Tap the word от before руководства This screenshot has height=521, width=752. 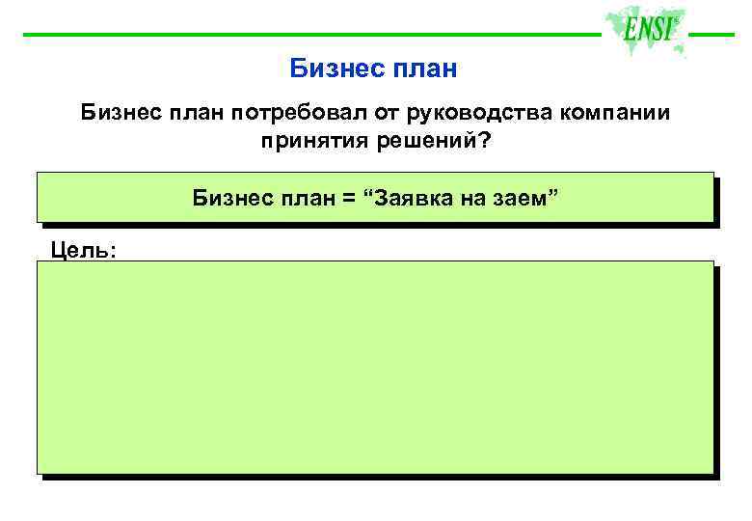click(x=366, y=114)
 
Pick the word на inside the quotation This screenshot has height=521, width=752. click(x=474, y=199)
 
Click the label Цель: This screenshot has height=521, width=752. click(x=83, y=251)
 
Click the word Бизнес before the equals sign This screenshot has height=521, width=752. click(x=232, y=199)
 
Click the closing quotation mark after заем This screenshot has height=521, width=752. click(x=552, y=195)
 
